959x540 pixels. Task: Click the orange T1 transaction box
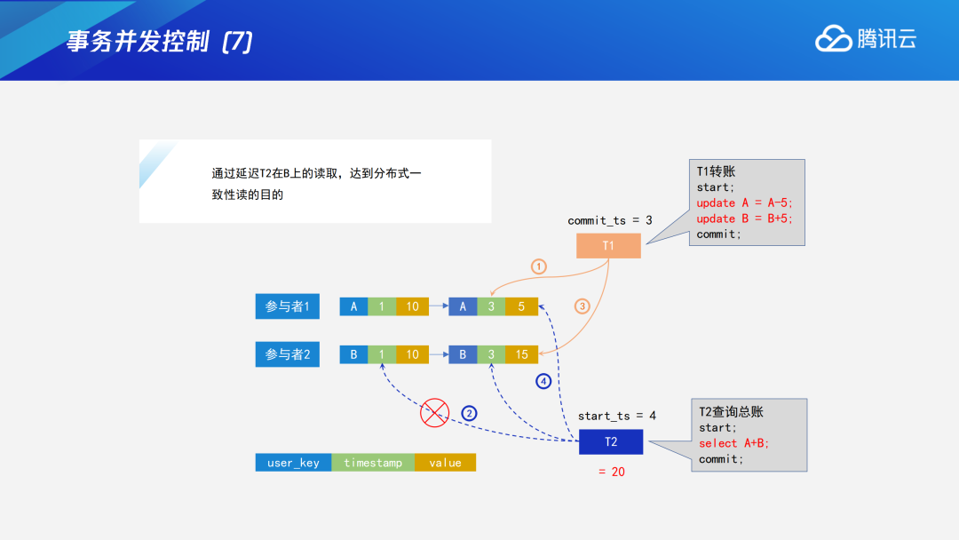pyautogui.click(x=608, y=245)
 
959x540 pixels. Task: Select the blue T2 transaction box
pyautogui.click(x=611, y=442)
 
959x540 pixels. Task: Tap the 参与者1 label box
pyautogui.click(x=287, y=306)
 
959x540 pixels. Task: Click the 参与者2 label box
pyautogui.click(x=287, y=354)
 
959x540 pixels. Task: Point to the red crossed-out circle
pyautogui.click(x=434, y=412)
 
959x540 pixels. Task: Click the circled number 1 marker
pyautogui.click(x=538, y=266)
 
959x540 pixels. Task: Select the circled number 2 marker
pyautogui.click(x=469, y=412)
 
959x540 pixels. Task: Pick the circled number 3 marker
pyautogui.click(x=583, y=306)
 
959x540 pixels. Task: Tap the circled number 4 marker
pyautogui.click(x=543, y=381)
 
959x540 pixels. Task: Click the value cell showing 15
pyautogui.click(x=521, y=354)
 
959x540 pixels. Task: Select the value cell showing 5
pyautogui.click(x=521, y=306)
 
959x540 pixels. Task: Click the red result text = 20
pyautogui.click(x=612, y=472)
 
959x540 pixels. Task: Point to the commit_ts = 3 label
pyautogui.click(x=609, y=219)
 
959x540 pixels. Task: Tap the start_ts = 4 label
pyautogui.click(x=617, y=416)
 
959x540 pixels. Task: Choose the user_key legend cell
pyautogui.click(x=293, y=463)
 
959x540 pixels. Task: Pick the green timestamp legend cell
pyautogui.click(x=373, y=463)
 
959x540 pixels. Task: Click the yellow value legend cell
pyautogui.click(x=445, y=463)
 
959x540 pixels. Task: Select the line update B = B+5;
pyautogui.click(x=744, y=218)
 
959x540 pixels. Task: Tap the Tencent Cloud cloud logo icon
pyautogui.click(x=833, y=38)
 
